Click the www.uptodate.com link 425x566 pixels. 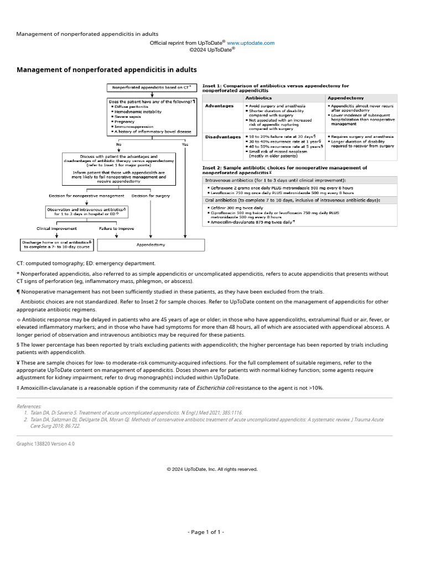coord(251,43)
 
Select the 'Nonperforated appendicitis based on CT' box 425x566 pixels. coord(152,87)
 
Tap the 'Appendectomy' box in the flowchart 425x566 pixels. coord(151,244)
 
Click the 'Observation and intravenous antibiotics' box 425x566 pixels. coord(86,212)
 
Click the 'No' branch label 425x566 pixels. coord(118,144)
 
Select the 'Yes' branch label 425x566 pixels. coord(185,144)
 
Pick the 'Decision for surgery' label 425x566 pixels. coord(151,196)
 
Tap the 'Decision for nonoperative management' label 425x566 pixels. coord(86,196)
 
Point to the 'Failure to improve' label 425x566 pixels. coord(116,228)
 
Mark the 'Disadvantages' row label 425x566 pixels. coord(222,137)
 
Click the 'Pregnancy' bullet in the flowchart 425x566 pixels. coord(125,121)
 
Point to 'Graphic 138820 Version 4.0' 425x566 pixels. coord(45,444)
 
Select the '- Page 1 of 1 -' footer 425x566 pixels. coord(205,532)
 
